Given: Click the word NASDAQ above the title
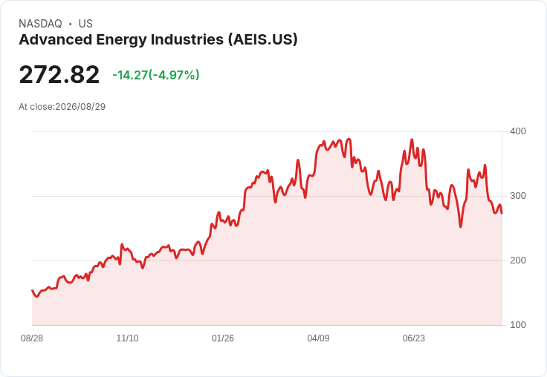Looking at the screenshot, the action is tap(40, 24).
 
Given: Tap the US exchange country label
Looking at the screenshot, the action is tap(85, 24).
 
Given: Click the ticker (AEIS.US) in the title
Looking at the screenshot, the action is tap(263, 39).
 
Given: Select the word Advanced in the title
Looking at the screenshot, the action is tap(55, 39).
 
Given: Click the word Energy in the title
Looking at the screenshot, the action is tap(121, 40).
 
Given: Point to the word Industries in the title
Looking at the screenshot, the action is tap(187, 39).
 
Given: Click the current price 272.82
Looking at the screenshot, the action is tap(59, 74).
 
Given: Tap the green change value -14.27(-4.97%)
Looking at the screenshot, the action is tap(156, 75).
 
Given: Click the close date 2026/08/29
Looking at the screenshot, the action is tap(80, 107).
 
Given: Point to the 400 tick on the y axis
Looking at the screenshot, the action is tap(518, 131).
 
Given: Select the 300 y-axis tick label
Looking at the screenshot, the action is tap(518, 196).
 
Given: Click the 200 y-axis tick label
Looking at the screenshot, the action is tap(518, 260).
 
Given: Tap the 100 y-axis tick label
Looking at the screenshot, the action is tap(518, 325).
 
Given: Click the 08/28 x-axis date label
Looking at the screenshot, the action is tap(32, 338).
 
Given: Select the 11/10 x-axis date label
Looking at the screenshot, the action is tap(127, 338).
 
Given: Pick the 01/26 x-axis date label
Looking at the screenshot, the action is tap(223, 338).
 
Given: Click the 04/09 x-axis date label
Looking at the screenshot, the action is tap(318, 338).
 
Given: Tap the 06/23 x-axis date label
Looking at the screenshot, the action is tap(414, 338).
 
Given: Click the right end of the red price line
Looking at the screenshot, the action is tap(502, 213).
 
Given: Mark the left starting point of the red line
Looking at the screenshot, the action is tap(33, 290).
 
